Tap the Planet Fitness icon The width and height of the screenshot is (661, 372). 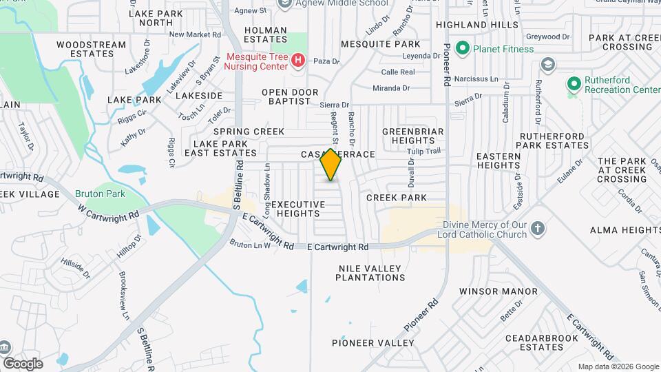[x=463, y=49]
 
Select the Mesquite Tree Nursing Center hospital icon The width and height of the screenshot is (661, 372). [x=297, y=61]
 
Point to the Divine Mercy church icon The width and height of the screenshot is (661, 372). [x=538, y=229]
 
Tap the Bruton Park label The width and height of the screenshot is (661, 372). [x=101, y=194]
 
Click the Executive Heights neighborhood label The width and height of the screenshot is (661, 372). [x=297, y=209]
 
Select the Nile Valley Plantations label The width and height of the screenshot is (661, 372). [x=370, y=273]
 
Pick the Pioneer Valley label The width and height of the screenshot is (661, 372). [x=373, y=343]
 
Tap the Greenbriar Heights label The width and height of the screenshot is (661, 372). [x=413, y=136]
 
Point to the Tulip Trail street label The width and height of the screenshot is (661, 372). [x=423, y=151]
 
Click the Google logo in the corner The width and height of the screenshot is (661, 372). [x=23, y=363]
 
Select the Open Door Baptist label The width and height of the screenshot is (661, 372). [x=290, y=96]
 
